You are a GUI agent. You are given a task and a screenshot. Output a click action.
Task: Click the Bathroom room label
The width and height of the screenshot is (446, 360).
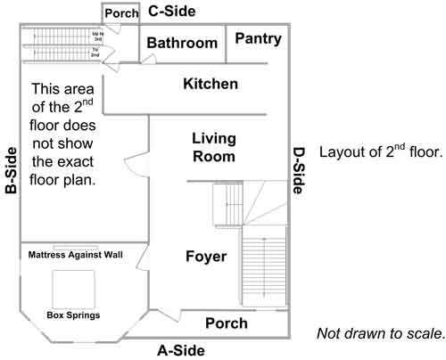tap(182, 44)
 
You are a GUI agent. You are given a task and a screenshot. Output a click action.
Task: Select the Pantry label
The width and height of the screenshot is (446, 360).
tap(258, 39)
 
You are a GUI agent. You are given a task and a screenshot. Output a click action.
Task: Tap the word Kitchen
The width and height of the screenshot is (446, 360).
tap(210, 85)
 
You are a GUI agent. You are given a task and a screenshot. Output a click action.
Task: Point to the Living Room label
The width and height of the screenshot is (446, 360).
tap(214, 148)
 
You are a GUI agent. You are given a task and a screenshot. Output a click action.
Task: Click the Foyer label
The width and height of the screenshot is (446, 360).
tap(205, 258)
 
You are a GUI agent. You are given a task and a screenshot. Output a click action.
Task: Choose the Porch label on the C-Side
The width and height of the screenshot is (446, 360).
tap(120, 14)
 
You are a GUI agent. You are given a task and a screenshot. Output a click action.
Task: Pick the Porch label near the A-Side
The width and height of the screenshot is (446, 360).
tap(227, 323)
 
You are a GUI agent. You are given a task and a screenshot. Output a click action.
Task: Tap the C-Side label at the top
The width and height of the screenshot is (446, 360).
tap(172, 12)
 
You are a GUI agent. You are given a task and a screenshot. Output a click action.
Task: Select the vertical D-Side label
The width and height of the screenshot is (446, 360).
tap(299, 169)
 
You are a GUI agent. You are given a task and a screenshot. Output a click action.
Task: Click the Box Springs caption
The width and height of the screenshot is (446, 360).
tap(72, 315)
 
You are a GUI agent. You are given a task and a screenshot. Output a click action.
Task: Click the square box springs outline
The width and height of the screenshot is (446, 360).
tap(72, 286)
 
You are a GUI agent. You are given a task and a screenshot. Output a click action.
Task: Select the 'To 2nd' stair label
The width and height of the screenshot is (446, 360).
tap(95, 52)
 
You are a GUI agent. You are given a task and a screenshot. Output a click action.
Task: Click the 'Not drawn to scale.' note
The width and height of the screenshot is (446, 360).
tap(380, 334)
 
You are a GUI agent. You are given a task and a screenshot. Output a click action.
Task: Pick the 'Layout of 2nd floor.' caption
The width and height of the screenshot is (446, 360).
tap(380, 151)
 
